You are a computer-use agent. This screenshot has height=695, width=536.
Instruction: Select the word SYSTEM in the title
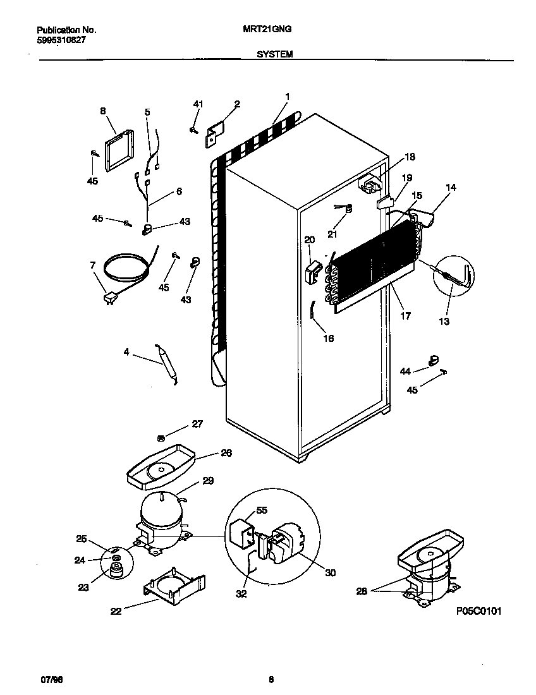(x=274, y=55)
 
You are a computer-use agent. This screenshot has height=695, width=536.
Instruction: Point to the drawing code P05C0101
(x=478, y=612)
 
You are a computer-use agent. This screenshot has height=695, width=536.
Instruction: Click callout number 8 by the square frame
(x=103, y=111)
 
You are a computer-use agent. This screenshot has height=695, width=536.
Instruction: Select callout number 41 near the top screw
(x=198, y=104)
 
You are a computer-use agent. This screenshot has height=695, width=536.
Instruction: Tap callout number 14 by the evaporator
(x=451, y=188)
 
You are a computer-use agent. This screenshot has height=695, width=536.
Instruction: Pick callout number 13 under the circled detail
(x=444, y=322)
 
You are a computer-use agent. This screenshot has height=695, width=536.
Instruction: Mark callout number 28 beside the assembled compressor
(x=361, y=591)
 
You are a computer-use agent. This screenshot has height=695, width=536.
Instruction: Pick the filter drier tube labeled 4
(x=167, y=364)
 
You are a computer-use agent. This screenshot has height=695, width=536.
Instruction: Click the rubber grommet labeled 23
(x=115, y=571)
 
